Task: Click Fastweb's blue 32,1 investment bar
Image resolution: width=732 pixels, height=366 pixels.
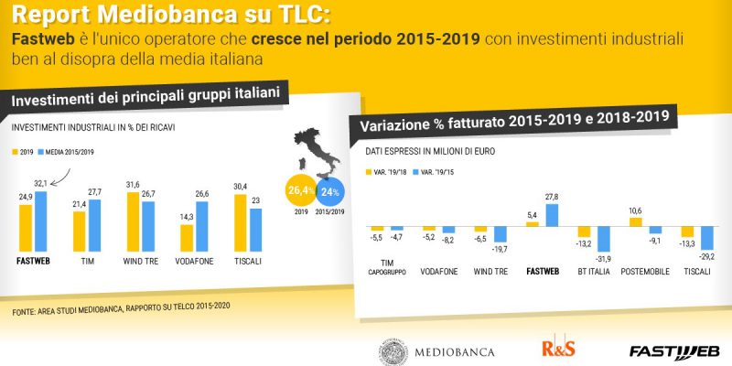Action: (x=41, y=221)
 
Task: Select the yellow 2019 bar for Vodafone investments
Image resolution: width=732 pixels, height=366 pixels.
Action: (x=187, y=238)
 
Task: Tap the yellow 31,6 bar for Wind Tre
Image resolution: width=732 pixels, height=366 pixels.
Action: (x=133, y=221)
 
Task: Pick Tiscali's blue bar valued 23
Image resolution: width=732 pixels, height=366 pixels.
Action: (x=256, y=230)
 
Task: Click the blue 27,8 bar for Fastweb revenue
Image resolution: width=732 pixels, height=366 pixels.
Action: (x=552, y=215)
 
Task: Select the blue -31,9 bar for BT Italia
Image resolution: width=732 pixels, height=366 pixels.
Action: (x=604, y=239)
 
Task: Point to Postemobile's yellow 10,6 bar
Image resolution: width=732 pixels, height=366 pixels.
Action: (x=636, y=222)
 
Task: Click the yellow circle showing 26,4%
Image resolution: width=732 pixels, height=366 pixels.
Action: (x=301, y=191)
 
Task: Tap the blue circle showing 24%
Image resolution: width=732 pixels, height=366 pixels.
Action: (x=330, y=192)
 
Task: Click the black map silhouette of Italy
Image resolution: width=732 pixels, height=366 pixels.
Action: (x=318, y=153)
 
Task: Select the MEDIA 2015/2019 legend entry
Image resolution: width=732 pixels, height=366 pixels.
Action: (x=66, y=152)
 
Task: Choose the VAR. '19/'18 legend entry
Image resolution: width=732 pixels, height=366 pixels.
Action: (x=387, y=172)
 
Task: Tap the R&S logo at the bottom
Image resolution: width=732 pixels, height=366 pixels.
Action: (x=558, y=348)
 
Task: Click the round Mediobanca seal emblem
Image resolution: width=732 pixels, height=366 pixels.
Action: (x=393, y=351)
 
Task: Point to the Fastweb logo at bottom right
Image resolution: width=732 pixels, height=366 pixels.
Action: (x=674, y=351)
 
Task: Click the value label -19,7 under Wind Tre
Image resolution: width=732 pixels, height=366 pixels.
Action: (x=500, y=250)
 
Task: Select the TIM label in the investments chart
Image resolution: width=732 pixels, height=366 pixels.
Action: (x=87, y=262)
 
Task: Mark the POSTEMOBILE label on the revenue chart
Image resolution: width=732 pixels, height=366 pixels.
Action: (x=645, y=271)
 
